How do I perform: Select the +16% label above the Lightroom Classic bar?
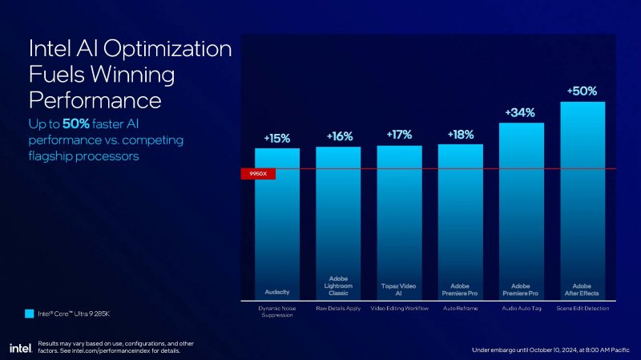pyautogui.click(x=338, y=137)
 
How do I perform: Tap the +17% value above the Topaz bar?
pyautogui.click(x=399, y=136)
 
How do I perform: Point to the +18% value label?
pyautogui.click(x=461, y=135)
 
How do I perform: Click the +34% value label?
pyautogui.click(x=520, y=113)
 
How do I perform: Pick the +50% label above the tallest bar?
pyautogui.click(x=582, y=92)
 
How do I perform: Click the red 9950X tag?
pyautogui.click(x=258, y=173)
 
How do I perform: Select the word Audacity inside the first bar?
pyautogui.click(x=277, y=290)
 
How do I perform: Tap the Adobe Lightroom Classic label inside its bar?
pyautogui.click(x=338, y=285)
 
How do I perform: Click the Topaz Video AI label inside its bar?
pyautogui.click(x=399, y=288)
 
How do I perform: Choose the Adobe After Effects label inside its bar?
pyautogui.click(x=582, y=288)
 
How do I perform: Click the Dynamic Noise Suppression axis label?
pyautogui.click(x=277, y=311)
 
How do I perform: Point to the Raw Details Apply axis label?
pyautogui.click(x=338, y=308)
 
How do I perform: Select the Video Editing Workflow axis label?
pyautogui.click(x=399, y=308)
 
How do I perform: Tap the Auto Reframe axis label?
pyautogui.click(x=461, y=308)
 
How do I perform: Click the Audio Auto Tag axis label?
pyautogui.click(x=521, y=308)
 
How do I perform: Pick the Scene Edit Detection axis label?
pyautogui.click(x=583, y=308)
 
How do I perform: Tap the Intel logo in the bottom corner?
pyautogui.click(x=20, y=347)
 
